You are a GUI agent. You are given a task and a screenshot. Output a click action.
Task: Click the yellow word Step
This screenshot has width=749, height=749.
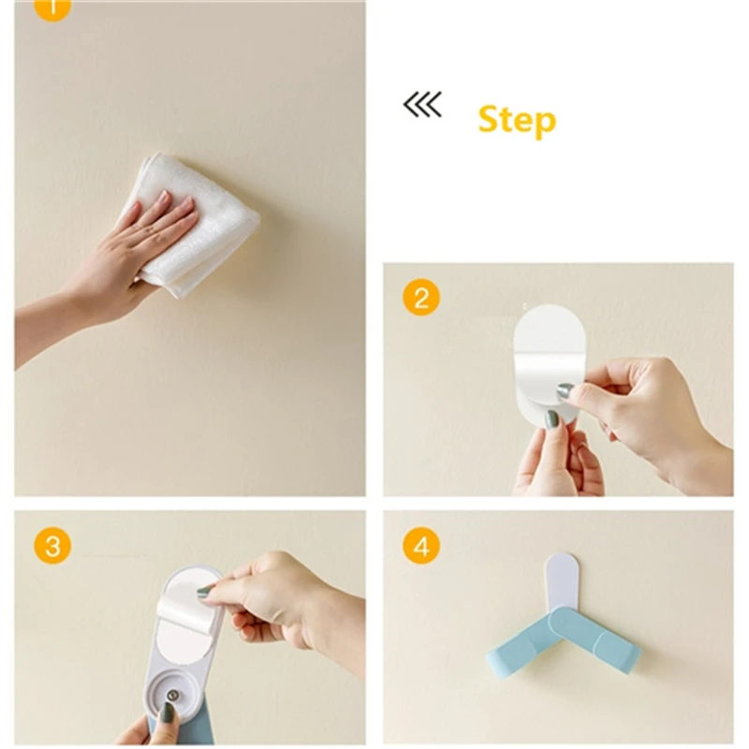click(x=517, y=121)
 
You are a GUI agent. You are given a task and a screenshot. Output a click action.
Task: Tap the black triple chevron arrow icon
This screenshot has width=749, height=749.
click(x=422, y=105)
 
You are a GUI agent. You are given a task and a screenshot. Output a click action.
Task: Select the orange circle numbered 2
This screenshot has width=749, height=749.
click(x=421, y=298)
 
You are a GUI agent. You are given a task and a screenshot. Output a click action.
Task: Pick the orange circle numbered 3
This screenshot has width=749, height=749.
click(x=52, y=546)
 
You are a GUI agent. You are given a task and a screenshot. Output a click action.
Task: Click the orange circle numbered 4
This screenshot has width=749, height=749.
click(x=421, y=546)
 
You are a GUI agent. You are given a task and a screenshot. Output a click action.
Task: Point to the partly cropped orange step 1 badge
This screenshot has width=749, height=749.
click(x=52, y=8)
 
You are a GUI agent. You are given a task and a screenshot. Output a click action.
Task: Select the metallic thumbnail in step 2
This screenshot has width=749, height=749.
click(x=565, y=390)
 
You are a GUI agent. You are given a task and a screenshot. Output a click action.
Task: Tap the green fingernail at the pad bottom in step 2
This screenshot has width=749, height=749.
click(x=552, y=419)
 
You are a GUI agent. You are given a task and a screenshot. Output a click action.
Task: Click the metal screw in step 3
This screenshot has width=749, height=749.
click(x=172, y=695)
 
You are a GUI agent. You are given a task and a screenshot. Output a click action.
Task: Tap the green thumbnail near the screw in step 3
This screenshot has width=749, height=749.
click(x=169, y=712)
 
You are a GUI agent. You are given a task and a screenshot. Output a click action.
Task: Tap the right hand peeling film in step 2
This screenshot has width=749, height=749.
click(x=650, y=416)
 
